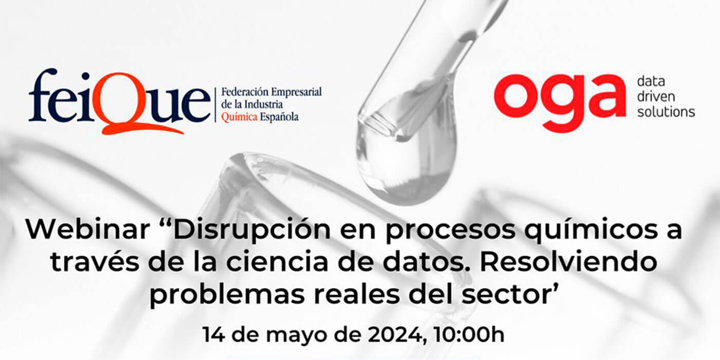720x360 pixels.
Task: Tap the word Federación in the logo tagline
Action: pos(245,92)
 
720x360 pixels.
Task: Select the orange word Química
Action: pos(239,117)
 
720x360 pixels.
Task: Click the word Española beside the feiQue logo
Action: pos(279,117)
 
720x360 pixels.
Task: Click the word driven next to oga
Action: pos(656,97)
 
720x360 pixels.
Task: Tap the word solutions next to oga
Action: pos(666,112)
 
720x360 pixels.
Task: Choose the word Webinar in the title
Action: pos(88,229)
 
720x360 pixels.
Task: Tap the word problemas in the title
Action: pos(227,296)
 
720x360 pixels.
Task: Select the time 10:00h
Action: pos(469,335)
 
